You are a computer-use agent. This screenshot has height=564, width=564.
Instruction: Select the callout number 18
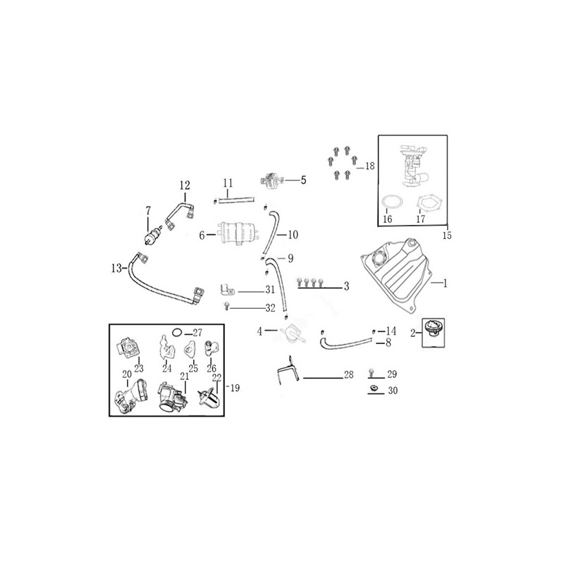(x=369, y=166)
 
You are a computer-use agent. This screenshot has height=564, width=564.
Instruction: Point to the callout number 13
(x=116, y=269)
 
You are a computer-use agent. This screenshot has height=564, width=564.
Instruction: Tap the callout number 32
(x=270, y=308)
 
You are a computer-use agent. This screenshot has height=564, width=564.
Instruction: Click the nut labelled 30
(x=374, y=388)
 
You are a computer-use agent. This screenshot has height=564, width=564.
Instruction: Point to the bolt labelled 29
(x=372, y=372)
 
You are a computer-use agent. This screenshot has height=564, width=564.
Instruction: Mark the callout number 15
(x=447, y=235)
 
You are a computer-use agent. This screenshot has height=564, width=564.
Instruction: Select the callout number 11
(x=228, y=183)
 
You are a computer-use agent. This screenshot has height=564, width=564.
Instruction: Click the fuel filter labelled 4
(x=293, y=333)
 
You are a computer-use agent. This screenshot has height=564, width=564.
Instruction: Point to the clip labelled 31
(x=227, y=290)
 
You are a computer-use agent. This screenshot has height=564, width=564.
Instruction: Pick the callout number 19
(x=235, y=388)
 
